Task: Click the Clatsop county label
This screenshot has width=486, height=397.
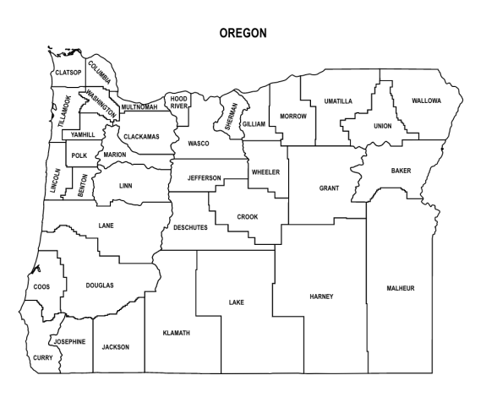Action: click(x=68, y=73)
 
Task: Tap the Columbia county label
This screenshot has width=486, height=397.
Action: click(x=99, y=73)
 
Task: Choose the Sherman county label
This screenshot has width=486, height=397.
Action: click(x=230, y=115)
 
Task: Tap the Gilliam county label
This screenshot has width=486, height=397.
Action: click(x=254, y=124)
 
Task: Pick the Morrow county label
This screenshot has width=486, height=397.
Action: click(x=292, y=116)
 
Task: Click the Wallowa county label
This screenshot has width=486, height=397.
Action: click(x=426, y=101)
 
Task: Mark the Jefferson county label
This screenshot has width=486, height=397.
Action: click(x=204, y=178)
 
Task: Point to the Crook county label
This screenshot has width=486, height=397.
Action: click(x=247, y=217)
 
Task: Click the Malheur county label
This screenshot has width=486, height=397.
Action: click(x=401, y=288)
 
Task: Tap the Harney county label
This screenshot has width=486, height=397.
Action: click(x=322, y=296)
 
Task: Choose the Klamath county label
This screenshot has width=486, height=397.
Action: click(x=176, y=333)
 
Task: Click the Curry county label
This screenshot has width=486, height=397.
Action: click(x=42, y=358)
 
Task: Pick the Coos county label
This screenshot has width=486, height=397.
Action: click(x=41, y=287)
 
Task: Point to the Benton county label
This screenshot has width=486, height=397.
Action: click(x=82, y=186)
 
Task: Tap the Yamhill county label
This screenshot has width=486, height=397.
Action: click(x=83, y=135)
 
